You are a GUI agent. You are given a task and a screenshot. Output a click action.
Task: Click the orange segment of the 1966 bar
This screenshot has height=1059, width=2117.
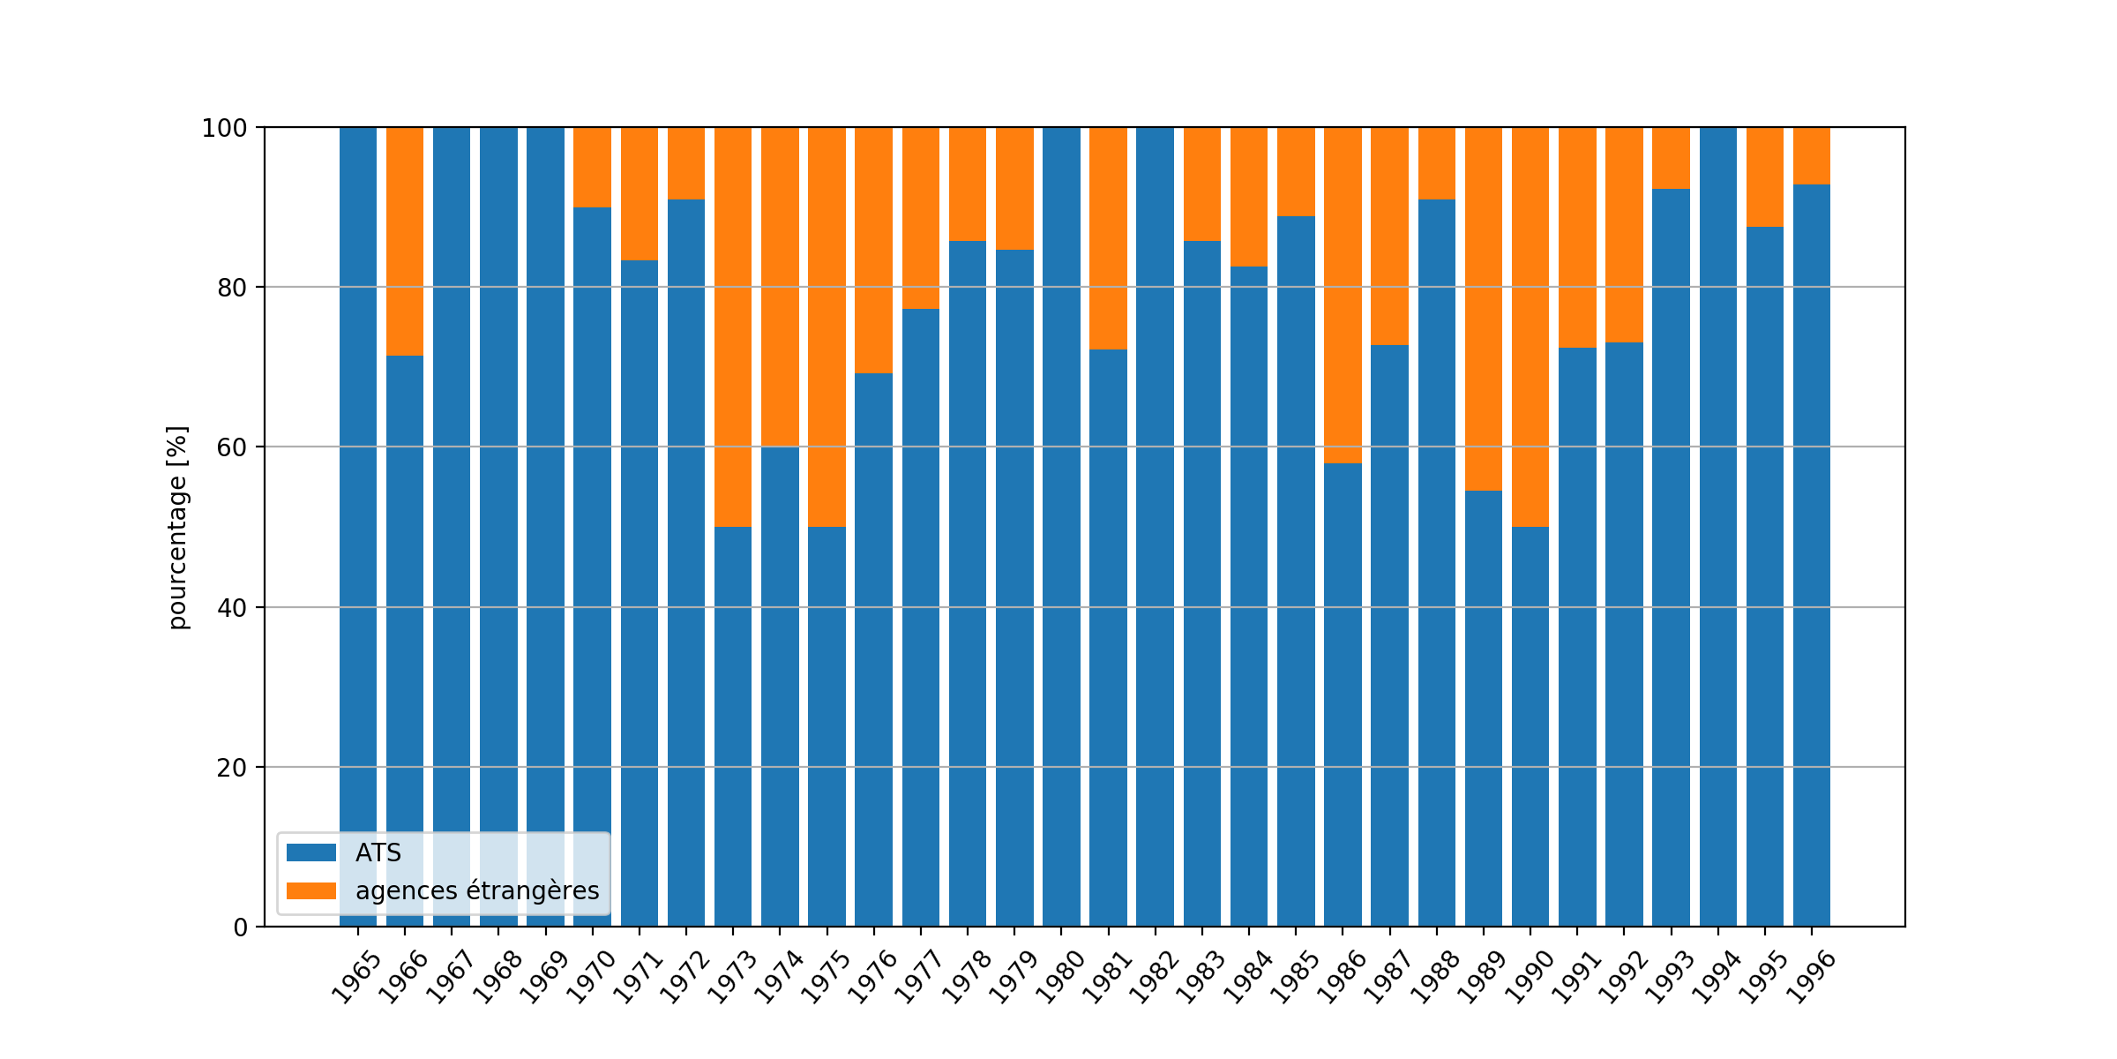point(405,241)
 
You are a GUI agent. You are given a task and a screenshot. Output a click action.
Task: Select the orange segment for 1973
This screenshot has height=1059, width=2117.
point(733,327)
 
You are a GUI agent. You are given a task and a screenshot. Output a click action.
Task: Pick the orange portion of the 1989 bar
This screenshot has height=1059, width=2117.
point(1484,308)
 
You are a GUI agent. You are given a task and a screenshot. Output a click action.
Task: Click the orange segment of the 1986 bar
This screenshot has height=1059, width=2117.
point(1343,295)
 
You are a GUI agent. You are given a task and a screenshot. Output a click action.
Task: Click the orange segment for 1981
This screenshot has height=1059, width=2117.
point(1108,237)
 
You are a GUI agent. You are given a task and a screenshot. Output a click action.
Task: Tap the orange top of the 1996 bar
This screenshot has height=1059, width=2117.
point(1812,155)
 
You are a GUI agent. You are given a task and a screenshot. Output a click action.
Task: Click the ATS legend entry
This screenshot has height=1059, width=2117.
point(378,852)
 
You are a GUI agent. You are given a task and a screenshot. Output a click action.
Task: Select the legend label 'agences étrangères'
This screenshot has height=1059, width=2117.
point(477,891)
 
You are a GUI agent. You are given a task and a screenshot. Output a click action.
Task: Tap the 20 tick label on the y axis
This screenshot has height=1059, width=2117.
point(232,768)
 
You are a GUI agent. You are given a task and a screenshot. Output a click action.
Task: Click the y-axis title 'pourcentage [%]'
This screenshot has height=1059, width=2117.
point(178,527)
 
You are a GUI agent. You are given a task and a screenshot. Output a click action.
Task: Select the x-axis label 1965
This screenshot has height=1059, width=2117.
point(355,978)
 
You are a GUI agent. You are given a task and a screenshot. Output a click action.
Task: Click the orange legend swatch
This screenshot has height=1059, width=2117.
point(311,891)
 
